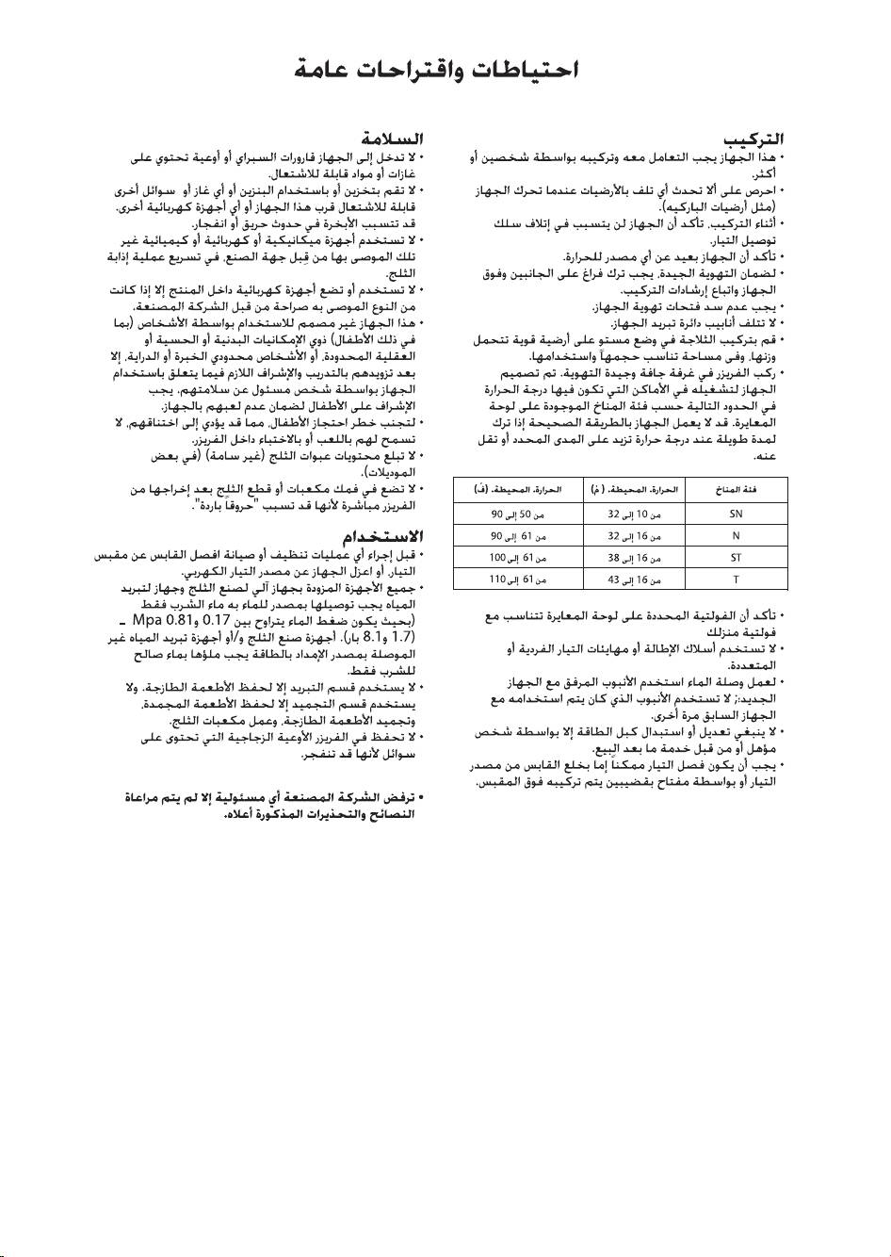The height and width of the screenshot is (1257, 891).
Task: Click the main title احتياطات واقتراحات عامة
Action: pyautogui.click(x=436, y=70)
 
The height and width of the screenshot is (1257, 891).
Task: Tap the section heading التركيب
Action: pyautogui.click(x=759, y=143)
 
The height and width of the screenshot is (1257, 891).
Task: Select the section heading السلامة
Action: pyautogui.click(x=393, y=143)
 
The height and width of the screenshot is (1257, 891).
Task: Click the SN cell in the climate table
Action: pyautogui.click(x=737, y=514)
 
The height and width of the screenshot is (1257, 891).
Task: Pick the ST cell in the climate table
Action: pyautogui.click(x=737, y=557)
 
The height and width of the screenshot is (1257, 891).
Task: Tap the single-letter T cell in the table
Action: pyautogui.click(x=737, y=579)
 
